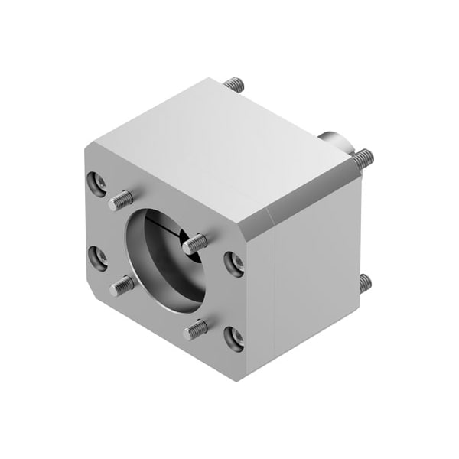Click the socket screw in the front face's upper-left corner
point(97,182)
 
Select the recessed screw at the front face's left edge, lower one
point(98,256)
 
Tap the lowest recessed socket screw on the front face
point(235,337)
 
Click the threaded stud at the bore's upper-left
point(121,201)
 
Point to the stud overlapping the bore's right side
point(194,244)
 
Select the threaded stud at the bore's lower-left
point(122,286)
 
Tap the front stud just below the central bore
point(196,329)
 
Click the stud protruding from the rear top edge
point(235,84)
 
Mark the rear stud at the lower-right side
point(365,283)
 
